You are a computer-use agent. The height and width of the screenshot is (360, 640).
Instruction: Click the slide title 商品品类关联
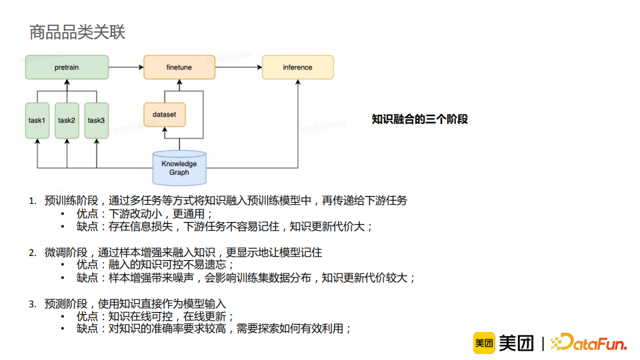(x=77, y=31)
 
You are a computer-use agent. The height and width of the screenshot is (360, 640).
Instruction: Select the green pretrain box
(x=67, y=67)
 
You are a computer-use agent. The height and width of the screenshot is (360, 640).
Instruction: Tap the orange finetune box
(x=179, y=67)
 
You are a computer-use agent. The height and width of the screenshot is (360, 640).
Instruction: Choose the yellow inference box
(x=297, y=67)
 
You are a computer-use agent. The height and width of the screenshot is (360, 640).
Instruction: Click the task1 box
(x=37, y=121)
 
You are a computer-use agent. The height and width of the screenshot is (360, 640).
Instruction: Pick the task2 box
(x=67, y=121)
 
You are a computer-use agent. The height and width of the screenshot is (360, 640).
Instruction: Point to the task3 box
(x=96, y=121)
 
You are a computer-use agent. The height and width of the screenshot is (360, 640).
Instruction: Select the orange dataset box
(x=164, y=115)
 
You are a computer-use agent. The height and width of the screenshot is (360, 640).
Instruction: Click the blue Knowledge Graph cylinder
(x=179, y=167)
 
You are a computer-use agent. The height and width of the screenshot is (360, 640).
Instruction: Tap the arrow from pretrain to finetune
(x=126, y=67)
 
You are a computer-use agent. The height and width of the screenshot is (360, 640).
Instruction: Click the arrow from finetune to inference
(x=239, y=67)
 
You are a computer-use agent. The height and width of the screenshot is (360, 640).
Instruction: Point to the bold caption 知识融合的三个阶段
(x=419, y=119)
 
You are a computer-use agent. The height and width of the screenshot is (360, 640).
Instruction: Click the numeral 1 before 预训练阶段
(x=31, y=201)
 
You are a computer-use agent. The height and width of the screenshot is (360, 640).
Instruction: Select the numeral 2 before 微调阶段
(x=31, y=253)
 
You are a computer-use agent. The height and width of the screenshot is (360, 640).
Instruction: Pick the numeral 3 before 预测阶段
(x=31, y=304)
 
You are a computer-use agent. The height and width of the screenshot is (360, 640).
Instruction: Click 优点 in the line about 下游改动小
(x=87, y=214)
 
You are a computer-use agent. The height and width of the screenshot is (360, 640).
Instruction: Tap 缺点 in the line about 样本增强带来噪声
(x=87, y=278)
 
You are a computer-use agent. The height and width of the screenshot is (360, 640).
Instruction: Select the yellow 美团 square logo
(x=483, y=343)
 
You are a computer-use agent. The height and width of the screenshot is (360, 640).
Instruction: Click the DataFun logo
(x=589, y=343)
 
